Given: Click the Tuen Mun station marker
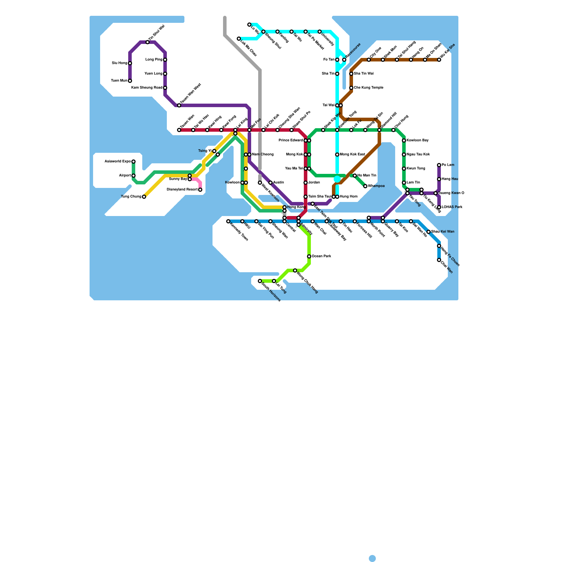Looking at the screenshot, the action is tap(130, 81).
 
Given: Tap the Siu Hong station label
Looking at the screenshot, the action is tap(119, 63).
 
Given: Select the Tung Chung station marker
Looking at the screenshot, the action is tap(144, 197).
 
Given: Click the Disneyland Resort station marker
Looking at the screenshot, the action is tap(200, 190).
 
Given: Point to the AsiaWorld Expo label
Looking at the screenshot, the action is tap(118, 162).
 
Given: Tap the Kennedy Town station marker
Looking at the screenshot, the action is tap(228, 221).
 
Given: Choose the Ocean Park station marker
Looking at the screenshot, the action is tap(309, 256).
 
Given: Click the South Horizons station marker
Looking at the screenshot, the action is tap(260, 281).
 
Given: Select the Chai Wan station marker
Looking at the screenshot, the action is tap(439, 260).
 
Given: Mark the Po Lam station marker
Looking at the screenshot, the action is tap(439, 165).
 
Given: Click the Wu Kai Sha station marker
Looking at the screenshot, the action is tap(439, 60).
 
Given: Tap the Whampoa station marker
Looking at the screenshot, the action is tap(365, 186).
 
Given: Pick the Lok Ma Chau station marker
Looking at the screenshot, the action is tap(239, 39).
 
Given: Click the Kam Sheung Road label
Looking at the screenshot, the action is tap(147, 88).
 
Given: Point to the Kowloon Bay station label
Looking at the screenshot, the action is tap(418, 140).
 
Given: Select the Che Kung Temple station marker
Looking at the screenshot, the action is tap(351, 88).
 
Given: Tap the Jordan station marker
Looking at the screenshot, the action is tap(306, 183).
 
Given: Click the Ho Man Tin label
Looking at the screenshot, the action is tap(367, 176).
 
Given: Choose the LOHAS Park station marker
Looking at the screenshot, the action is tap(439, 207).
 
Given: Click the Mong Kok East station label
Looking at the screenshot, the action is tap(353, 155).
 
